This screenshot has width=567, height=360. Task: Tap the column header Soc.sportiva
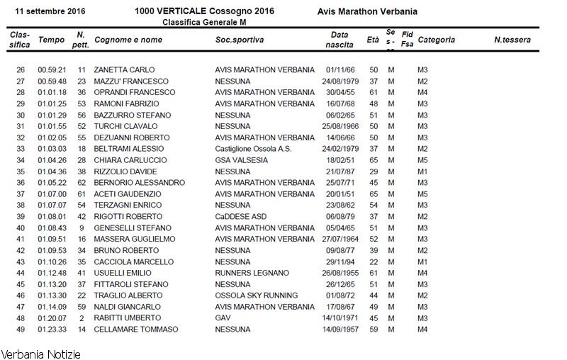click(240, 40)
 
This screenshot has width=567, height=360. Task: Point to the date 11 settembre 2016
click(47, 12)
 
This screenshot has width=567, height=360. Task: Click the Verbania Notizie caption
click(40, 353)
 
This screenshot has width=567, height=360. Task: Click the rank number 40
click(21, 227)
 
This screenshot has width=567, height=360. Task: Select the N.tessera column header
click(512, 40)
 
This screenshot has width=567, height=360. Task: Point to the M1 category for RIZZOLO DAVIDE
click(422, 171)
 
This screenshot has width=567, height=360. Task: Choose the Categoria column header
click(437, 40)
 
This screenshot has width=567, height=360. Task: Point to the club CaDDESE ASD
click(241, 216)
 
